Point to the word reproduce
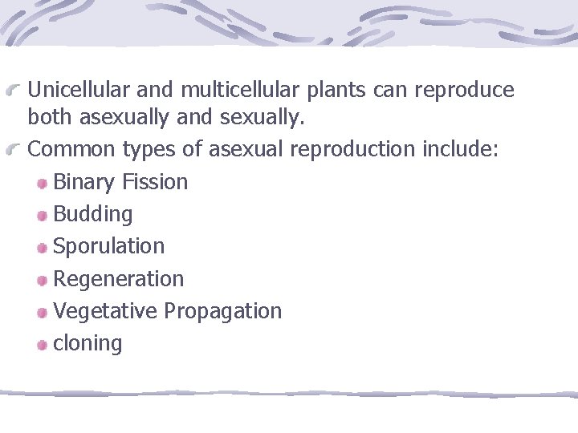click(x=464, y=90)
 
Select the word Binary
click(x=84, y=182)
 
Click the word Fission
click(x=155, y=182)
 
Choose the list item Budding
click(x=93, y=214)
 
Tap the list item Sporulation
click(x=108, y=246)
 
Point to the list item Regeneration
click(x=118, y=278)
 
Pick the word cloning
click(x=88, y=343)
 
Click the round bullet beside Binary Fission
click(x=42, y=184)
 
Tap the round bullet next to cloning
click(x=42, y=345)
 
